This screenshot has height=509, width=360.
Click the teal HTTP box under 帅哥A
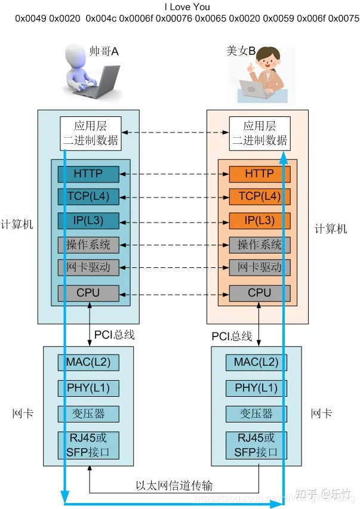[88, 174]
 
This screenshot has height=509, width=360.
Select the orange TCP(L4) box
[260, 196]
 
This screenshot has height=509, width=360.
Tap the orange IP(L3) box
[260, 220]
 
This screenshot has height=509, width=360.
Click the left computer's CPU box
[88, 293]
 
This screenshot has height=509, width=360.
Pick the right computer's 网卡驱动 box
[260, 267]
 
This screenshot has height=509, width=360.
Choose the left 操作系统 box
[88, 244]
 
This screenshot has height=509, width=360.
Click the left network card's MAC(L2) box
[88, 362]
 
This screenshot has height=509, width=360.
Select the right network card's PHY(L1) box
[256, 388]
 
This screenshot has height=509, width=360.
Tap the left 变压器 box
[88, 414]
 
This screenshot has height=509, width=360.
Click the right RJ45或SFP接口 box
[256, 445]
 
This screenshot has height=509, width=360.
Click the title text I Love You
[180, 7]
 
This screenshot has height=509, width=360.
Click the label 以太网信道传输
[174, 486]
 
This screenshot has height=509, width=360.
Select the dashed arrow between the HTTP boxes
[174, 174]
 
